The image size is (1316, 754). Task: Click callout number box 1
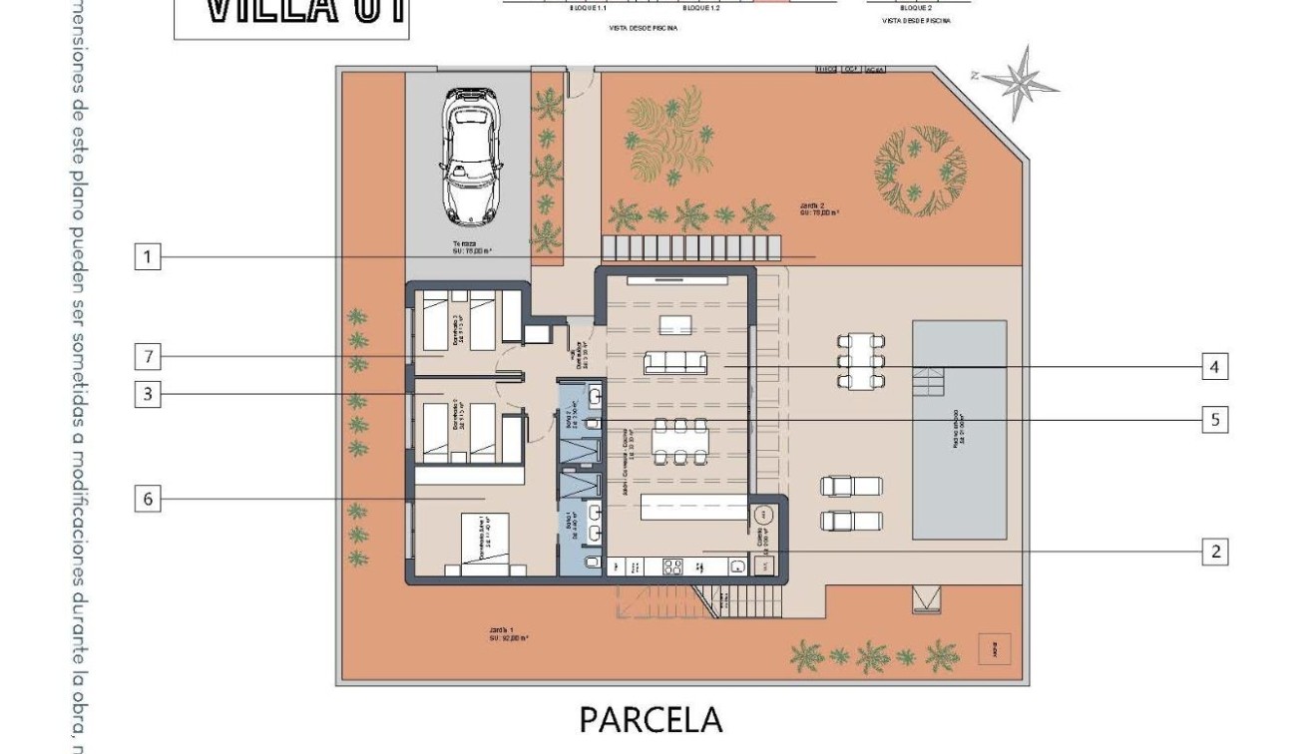(x=147, y=257)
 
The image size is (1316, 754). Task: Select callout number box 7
(x=147, y=355)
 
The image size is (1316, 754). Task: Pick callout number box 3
(x=147, y=394)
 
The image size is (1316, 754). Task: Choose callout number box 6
(x=147, y=499)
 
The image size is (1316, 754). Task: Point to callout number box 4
(x=1213, y=367)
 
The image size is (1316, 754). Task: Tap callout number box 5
(x=1214, y=420)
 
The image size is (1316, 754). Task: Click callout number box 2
(x=1214, y=552)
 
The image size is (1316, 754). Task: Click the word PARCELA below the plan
(x=650, y=719)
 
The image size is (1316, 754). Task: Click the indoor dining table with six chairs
(x=679, y=442)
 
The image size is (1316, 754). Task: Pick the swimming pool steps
(x=929, y=381)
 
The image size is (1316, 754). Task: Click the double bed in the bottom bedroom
(x=486, y=545)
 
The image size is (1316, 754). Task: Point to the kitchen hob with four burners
(x=672, y=566)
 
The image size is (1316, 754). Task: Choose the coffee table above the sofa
(x=675, y=324)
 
